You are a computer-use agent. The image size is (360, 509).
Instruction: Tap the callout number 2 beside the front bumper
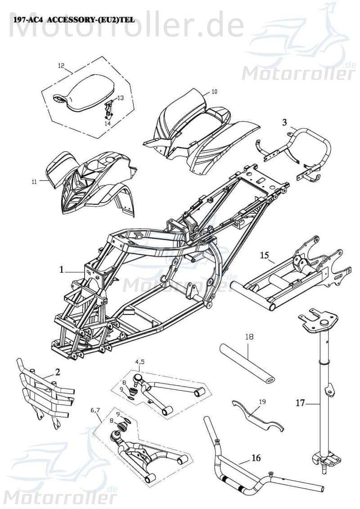[x=58, y=371]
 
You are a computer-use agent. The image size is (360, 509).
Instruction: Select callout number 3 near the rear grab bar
[x=284, y=122]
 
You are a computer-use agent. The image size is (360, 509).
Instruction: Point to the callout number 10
[x=214, y=91]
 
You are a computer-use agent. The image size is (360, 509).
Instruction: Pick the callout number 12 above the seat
[x=61, y=65]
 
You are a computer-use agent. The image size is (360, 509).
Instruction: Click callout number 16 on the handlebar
[x=256, y=458]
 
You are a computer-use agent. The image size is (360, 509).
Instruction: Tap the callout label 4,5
[x=139, y=361]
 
